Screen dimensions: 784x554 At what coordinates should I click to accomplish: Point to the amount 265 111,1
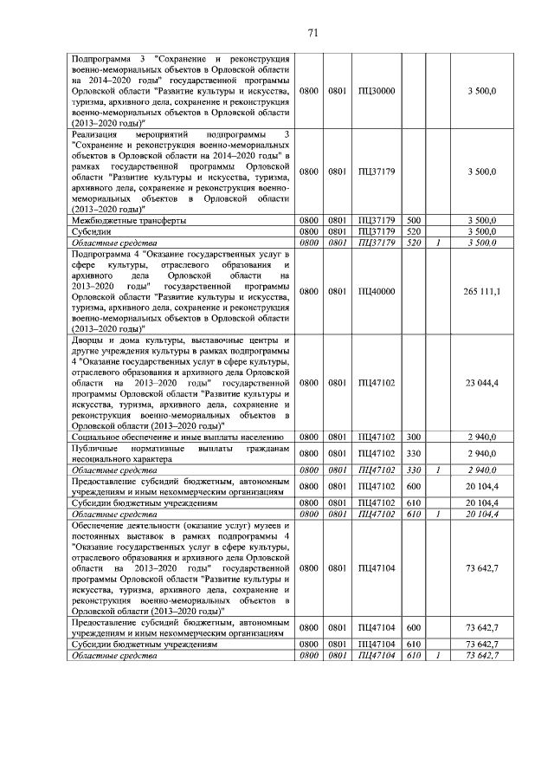480,292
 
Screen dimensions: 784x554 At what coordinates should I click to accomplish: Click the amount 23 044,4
480,382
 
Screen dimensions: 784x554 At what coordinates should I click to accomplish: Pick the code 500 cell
413,221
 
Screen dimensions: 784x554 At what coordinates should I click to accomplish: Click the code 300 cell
413,437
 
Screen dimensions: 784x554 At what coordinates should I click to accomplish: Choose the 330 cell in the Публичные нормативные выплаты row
413,453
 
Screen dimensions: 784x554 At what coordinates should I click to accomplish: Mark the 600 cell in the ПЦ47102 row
413,486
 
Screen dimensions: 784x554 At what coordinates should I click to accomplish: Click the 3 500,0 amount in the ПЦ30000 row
480,91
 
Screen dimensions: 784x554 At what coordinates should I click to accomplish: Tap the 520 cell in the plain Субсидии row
413,232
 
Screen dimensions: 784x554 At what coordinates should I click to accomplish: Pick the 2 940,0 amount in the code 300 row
480,437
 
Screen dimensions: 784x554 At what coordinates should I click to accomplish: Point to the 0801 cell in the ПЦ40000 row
338,292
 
